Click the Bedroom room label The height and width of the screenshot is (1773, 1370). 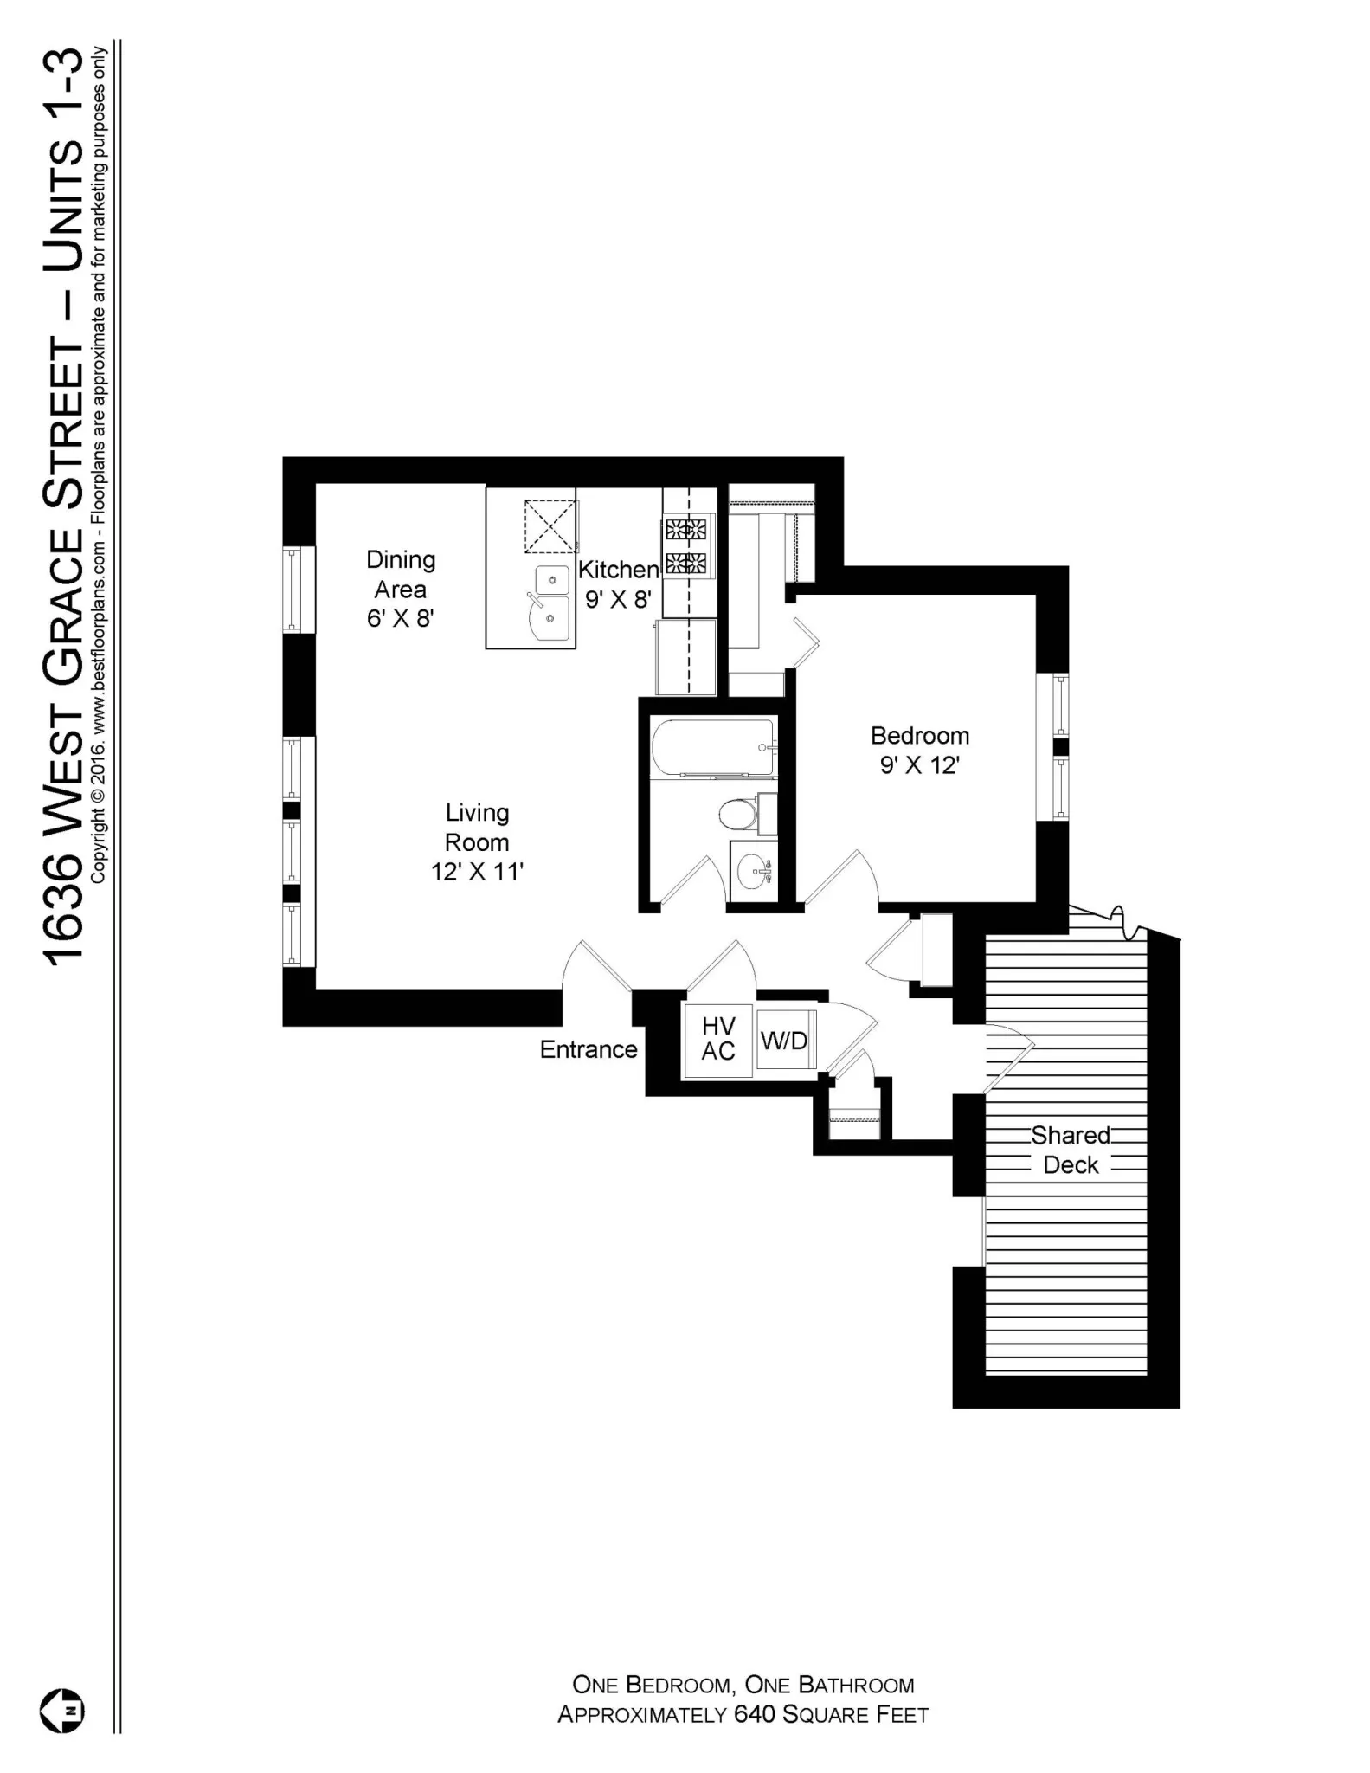919,736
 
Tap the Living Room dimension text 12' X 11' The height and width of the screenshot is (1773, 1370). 477,872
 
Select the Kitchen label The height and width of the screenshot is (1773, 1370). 618,570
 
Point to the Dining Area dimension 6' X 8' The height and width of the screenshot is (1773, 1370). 400,618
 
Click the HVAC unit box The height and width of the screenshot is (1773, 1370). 718,1039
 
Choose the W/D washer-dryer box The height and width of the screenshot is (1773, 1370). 785,1040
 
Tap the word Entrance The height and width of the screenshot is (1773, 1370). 589,1049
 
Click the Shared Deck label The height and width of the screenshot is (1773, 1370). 1071,1150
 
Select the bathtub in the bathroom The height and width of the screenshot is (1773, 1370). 713,748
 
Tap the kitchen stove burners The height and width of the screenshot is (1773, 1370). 685,545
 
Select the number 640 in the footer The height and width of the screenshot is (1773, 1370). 754,1715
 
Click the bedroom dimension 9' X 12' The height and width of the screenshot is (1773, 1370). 919,765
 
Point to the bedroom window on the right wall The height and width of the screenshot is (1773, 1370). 1060,746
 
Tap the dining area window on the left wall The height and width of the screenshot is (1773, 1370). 293,589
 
